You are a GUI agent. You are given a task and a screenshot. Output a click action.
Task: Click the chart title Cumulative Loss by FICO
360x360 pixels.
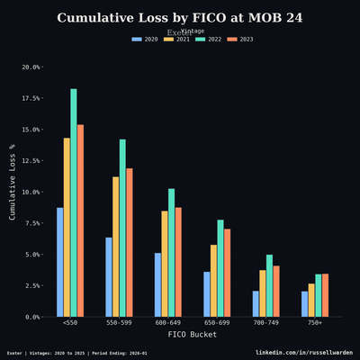(180, 18)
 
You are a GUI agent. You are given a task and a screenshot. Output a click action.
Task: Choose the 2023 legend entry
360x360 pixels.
(238, 40)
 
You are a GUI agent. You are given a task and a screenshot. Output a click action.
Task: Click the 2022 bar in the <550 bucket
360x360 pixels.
(74, 202)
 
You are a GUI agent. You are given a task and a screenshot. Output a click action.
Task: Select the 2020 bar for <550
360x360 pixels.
(60, 262)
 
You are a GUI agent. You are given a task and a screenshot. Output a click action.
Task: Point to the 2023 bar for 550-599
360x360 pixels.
(130, 242)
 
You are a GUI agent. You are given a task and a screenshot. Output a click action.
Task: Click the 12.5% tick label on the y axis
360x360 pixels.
(31, 161)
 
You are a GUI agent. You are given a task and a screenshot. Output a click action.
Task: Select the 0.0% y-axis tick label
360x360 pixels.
(33, 317)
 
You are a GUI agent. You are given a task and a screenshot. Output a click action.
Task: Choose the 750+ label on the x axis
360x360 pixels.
(315, 322)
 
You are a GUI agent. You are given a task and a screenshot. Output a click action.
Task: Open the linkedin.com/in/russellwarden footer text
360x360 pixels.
(304, 353)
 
